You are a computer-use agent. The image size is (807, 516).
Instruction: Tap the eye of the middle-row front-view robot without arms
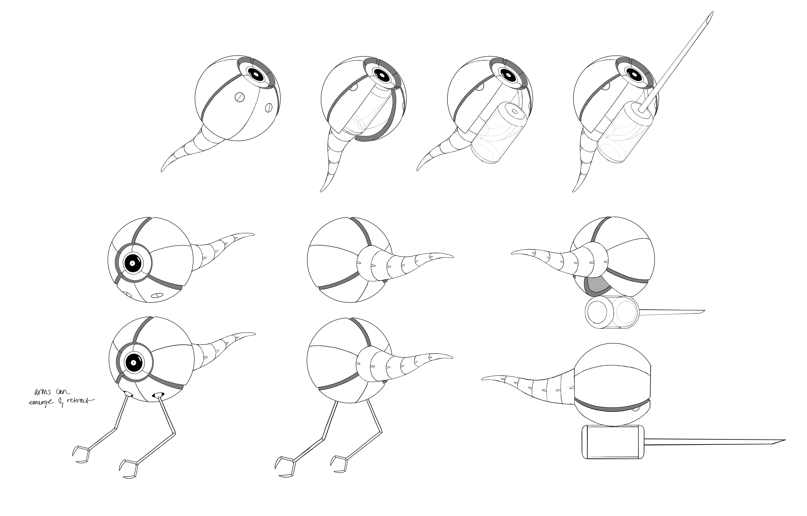tap(132, 263)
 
